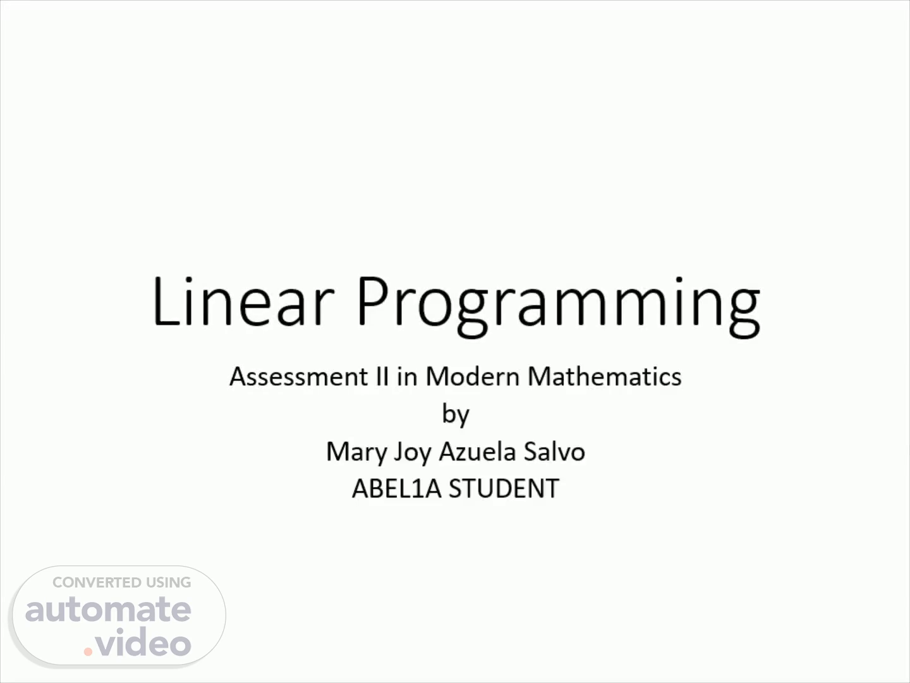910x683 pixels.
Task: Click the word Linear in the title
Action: pyautogui.click(x=243, y=301)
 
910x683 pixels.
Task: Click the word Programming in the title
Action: pyautogui.click(x=559, y=306)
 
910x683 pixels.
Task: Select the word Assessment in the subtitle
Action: pyautogui.click(x=298, y=376)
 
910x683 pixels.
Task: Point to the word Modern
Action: pyautogui.click(x=472, y=376)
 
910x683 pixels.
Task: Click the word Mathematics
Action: pyautogui.click(x=605, y=376)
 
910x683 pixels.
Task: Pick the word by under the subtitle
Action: pyautogui.click(x=456, y=414)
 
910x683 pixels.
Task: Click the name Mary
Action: pyautogui.click(x=356, y=452)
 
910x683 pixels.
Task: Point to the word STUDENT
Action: pyautogui.click(x=504, y=488)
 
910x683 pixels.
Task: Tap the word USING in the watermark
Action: pyautogui.click(x=168, y=582)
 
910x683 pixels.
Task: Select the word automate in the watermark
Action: pyautogui.click(x=108, y=610)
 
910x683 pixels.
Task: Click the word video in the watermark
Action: pyautogui.click(x=143, y=641)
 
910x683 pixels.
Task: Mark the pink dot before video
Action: pyautogui.click(x=88, y=651)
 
